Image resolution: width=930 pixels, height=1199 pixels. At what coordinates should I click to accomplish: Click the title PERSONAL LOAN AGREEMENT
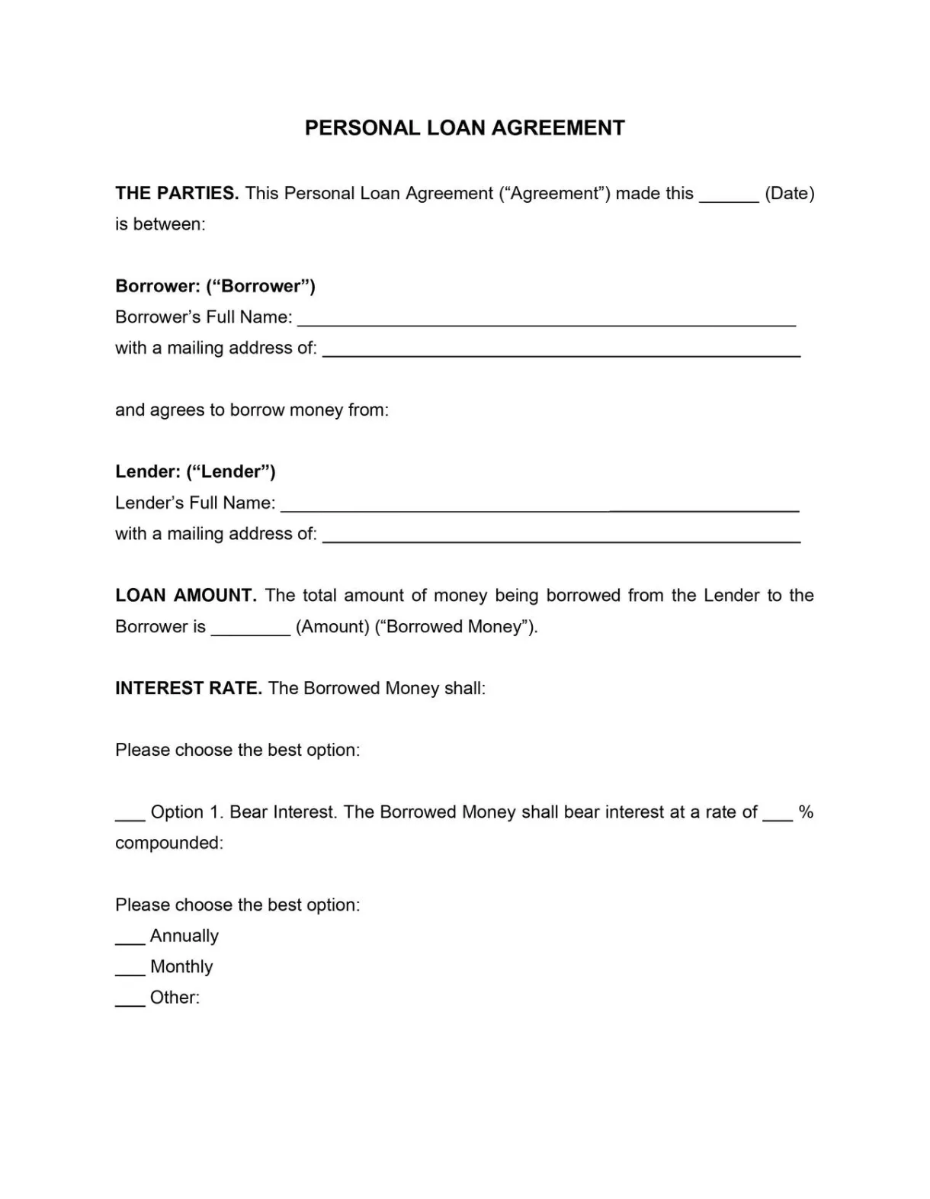(x=464, y=128)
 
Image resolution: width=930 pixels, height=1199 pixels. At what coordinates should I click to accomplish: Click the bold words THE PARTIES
(x=177, y=194)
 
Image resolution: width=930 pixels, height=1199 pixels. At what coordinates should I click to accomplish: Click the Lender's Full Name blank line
(x=540, y=507)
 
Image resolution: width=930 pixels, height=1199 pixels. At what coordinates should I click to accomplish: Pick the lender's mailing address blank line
(x=561, y=538)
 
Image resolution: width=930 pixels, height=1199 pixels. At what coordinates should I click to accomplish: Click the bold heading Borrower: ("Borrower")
(x=215, y=286)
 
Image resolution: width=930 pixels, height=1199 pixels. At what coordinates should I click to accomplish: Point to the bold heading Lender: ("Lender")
(x=195, y=471)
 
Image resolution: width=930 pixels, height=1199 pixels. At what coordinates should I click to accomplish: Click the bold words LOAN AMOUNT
(x=185, y=596)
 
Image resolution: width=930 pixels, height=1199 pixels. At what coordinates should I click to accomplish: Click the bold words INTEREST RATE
(x=188, y=688)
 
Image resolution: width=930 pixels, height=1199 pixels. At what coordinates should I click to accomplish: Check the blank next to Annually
(x=130, y=940)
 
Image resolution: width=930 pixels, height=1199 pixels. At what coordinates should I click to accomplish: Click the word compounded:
(x=169, y=843)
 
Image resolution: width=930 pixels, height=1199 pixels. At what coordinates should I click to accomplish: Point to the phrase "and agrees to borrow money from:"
(x=252, y=410)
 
